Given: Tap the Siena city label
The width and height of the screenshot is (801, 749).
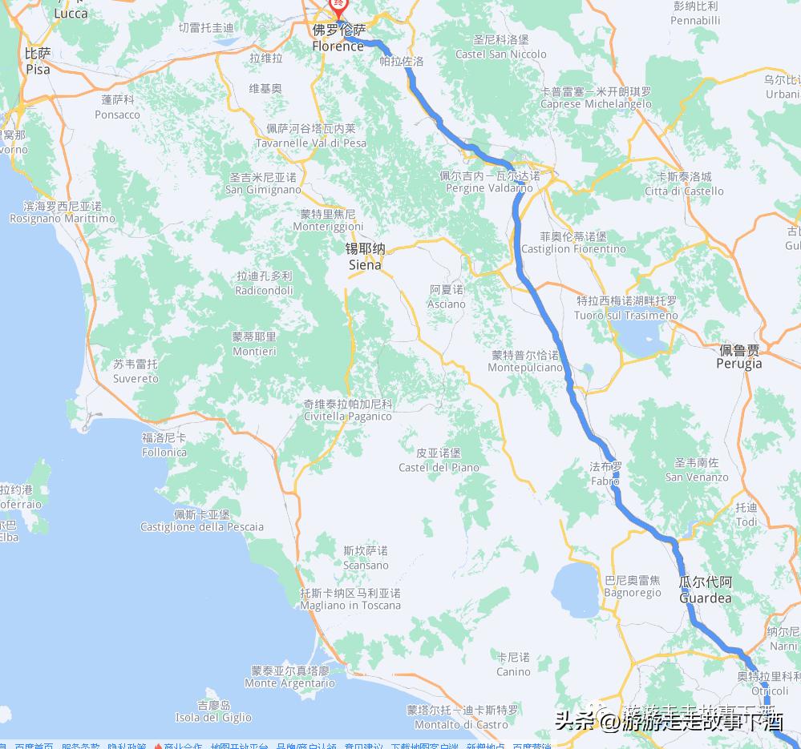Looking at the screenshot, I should click(x=365, y=256).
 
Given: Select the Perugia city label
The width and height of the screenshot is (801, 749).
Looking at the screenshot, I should click(x=739, y=357).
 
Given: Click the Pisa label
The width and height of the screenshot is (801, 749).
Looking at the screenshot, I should click(x=38, y=62).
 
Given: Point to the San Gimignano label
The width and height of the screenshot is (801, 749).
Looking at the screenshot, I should click(x=263, y=183).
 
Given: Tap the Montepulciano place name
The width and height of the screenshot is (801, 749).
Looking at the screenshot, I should click(x=525, y=361).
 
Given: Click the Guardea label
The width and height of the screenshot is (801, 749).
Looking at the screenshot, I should click(x=705, y=590).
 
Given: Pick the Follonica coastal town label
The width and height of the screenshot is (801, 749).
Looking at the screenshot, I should click(x=164, y=445).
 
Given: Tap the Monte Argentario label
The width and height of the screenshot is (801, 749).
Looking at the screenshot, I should click(x=289, y=677).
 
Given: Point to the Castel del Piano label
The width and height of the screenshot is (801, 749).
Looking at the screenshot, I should click(x=439, y=461).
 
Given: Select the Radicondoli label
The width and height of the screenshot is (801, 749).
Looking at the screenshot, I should click(x=264, y=284).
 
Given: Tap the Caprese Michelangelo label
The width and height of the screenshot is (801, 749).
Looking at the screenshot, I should click(x=596, y=98).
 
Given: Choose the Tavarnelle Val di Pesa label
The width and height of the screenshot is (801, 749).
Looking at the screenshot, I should click(x=311, y=136).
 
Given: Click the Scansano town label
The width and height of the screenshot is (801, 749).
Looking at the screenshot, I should click(x=366, y=558).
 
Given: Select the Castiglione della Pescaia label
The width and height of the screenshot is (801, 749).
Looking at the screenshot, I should click(x=202, y=521).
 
